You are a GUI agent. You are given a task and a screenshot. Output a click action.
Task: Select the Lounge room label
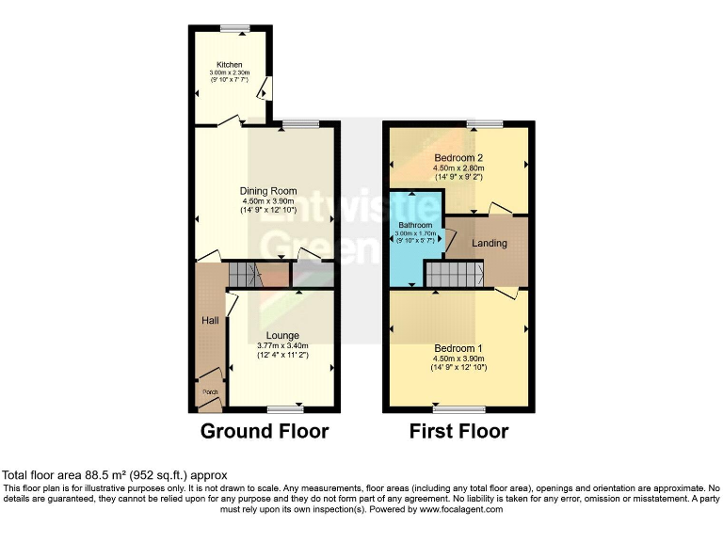coord(282,336)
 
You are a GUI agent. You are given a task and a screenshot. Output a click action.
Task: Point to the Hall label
coord(209,321)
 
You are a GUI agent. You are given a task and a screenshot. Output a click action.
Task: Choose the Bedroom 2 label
coord(458,157)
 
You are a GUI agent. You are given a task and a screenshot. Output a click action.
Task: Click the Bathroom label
coord(414,226)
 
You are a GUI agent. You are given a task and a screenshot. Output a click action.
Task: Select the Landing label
coord(490,244)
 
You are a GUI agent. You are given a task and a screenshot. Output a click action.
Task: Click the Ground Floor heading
coord(265,432)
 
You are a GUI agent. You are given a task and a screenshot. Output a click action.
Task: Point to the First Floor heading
coord(458,432)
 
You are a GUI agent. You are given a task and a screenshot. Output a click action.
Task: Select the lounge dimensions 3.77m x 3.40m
coord(282,346)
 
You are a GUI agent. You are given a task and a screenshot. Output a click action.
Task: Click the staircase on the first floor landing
coord(454,274)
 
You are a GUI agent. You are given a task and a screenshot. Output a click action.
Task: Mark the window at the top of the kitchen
coord(232,28)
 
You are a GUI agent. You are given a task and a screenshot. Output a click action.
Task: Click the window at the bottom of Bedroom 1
coord(458,409)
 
